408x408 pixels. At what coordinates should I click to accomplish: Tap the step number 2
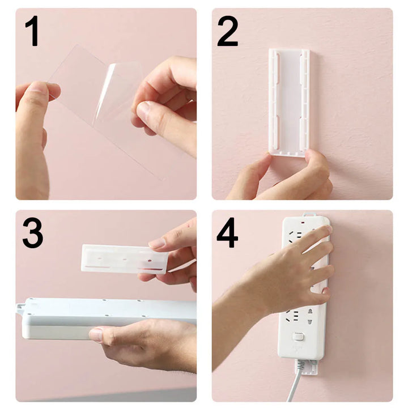(227, 31)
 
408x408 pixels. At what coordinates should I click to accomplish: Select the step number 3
(33, 232)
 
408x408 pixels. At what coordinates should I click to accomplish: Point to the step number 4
(227, 232)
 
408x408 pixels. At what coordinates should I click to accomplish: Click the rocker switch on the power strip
(299, 337)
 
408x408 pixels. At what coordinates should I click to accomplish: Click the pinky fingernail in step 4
(325, 294)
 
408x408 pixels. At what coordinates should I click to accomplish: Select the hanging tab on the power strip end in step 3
(20, 309)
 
